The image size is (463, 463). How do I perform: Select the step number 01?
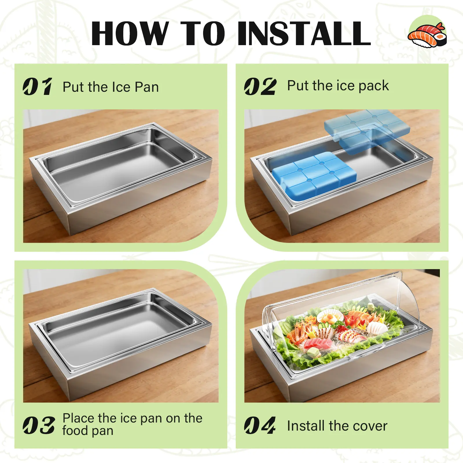click(38, 87)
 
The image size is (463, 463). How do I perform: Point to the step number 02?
click(260, 87)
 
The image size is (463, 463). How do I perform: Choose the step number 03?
click(39, 425)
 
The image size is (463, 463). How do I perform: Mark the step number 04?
click(260, 425)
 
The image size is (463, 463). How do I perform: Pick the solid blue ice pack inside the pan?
click(314, 176)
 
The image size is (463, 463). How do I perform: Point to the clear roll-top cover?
click(341, 321)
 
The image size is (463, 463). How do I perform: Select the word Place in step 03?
click(78, 418)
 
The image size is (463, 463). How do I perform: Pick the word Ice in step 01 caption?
click(121, 87)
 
